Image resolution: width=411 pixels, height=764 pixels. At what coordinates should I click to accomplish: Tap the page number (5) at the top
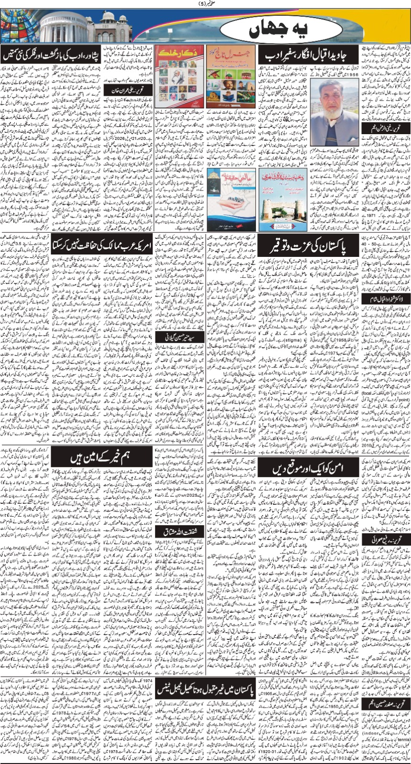click(206, 5)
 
